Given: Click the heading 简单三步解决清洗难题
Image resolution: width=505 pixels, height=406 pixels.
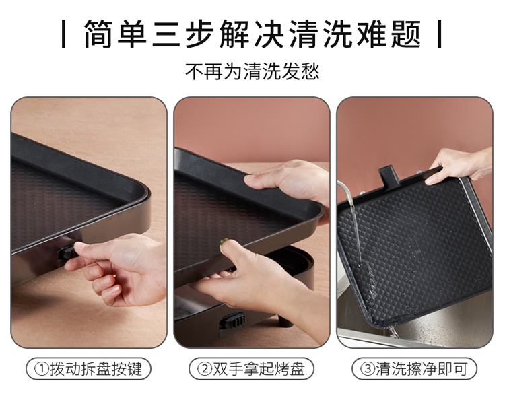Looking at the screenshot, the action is coord(252,34).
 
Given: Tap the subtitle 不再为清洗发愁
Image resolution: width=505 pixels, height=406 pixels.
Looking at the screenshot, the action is coord(252,71).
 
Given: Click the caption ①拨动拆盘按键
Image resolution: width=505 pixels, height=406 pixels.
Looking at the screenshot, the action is coord(88,369).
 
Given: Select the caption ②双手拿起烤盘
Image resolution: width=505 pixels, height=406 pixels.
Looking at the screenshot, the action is coord(251,369).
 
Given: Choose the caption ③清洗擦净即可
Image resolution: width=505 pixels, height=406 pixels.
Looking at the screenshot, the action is coord(414,369).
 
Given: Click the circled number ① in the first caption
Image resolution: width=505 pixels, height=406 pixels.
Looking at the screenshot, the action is coord(41,369).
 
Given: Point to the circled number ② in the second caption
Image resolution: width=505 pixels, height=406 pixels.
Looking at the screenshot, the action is coord(205,369).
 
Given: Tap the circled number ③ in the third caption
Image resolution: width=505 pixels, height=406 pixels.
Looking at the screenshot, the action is coord(368,369).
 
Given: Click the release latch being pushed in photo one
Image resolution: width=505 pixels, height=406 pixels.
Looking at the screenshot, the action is coord(67,253).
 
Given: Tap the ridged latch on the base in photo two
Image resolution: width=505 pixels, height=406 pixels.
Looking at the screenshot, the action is coord(232,321).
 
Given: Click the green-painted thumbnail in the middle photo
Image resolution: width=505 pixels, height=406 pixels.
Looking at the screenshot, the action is coord(224,242).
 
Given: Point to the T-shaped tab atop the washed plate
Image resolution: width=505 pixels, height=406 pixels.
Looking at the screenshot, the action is coord(388,176).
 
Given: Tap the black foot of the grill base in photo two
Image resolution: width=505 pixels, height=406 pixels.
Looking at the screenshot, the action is coord(285,320).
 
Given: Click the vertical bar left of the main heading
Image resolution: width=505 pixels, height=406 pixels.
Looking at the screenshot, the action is coord(64,34).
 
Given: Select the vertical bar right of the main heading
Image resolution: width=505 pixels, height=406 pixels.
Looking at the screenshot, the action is coord(439,34).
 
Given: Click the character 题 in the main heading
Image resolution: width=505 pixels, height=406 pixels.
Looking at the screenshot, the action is coord(407,34).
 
